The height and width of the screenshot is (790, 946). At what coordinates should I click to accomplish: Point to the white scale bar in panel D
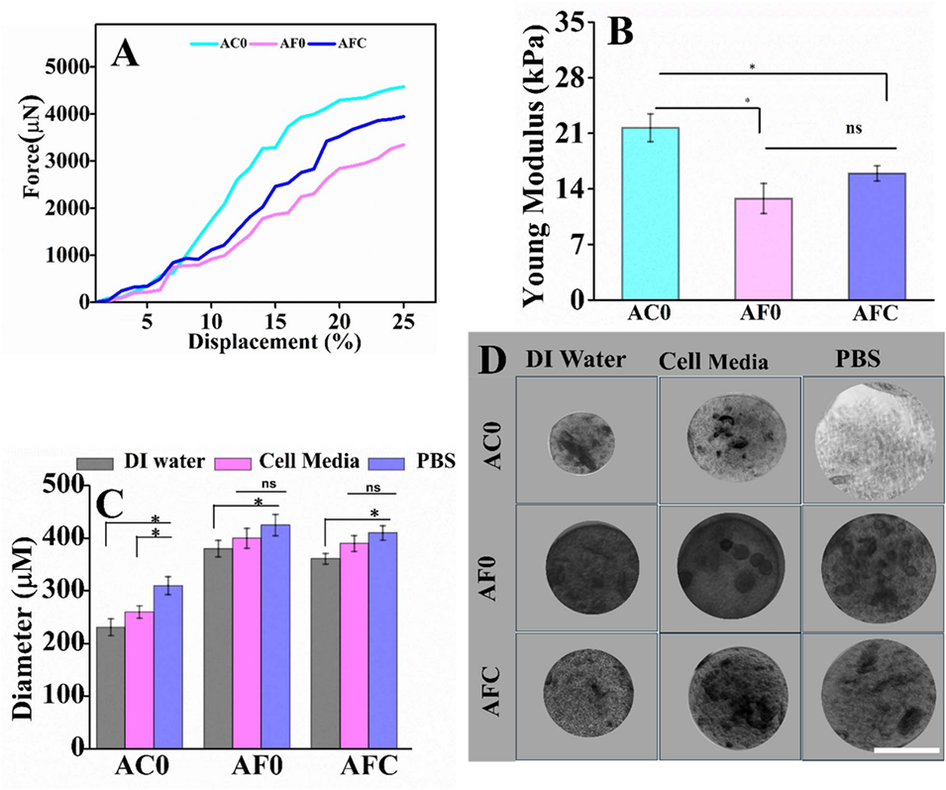click(906, 750)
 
